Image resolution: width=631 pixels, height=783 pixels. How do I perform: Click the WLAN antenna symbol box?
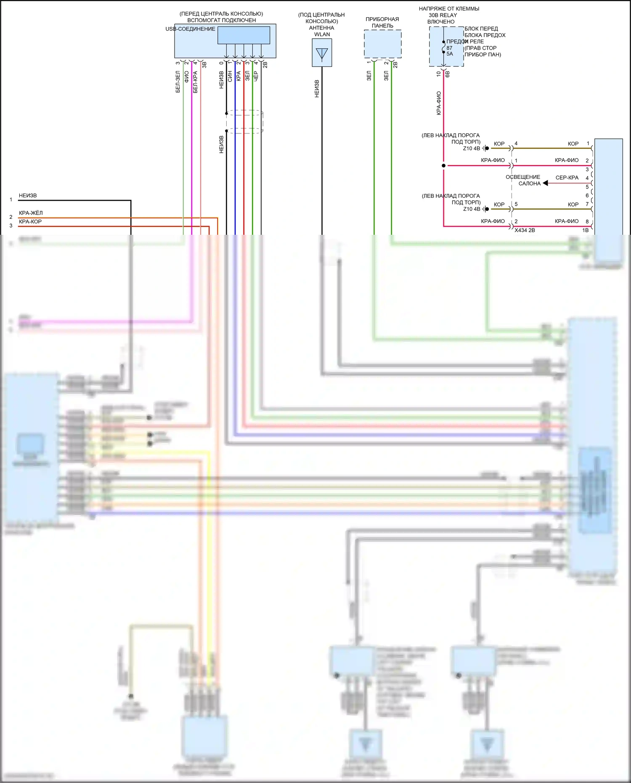pyautogui.click(x=322, y=53)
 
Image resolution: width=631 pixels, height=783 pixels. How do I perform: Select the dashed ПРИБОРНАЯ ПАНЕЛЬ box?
pyautogui.click(x=382, y=44)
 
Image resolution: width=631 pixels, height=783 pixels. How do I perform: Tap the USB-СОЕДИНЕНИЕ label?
pyautogui.click(x=190, y=29)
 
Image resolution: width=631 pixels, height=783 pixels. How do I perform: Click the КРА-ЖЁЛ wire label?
pyautogui.click(x=31, y=213)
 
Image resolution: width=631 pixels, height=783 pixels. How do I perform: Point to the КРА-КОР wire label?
pyautogui.click(x=30, y=222)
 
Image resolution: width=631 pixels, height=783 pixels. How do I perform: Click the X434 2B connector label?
pyautogui.click(x=525, y=230)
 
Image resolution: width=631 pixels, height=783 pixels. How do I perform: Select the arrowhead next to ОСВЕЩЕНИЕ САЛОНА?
pyautogui.click(x=545, y=183)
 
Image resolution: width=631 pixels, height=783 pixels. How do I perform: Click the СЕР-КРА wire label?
pyautogui.click(x=567, y=178)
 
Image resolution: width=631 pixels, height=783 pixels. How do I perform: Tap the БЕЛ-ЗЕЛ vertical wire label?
pyautogui.click(x=178, y=82)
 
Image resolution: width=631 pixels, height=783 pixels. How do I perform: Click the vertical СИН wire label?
pyautogui.click(x=230, y=76)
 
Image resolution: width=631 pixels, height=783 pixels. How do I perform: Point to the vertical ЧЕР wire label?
pyautogui.click(x=256, y=76)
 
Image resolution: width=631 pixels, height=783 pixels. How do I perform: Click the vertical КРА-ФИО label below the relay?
pyautogui.click(x=439, y=103)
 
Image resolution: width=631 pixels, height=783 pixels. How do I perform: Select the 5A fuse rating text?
pyautogui.click(x=450, y=54)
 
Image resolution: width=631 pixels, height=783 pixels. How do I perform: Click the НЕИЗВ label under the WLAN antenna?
pyautogui.click(x=317, y=89)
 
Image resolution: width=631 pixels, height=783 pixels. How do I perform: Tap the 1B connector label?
pyautogui.click(x=585, y=230)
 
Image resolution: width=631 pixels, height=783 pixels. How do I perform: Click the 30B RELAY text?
pyautogui.click(x=443, y=15)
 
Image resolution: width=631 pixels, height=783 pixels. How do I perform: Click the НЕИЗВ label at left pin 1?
pyautogui.click(x=28, y=196)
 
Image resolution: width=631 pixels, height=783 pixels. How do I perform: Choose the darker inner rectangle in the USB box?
pyautogui.click(x=244, y=35)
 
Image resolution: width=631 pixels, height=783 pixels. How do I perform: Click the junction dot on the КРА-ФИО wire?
pyautogui.click(x=443, y=166)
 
